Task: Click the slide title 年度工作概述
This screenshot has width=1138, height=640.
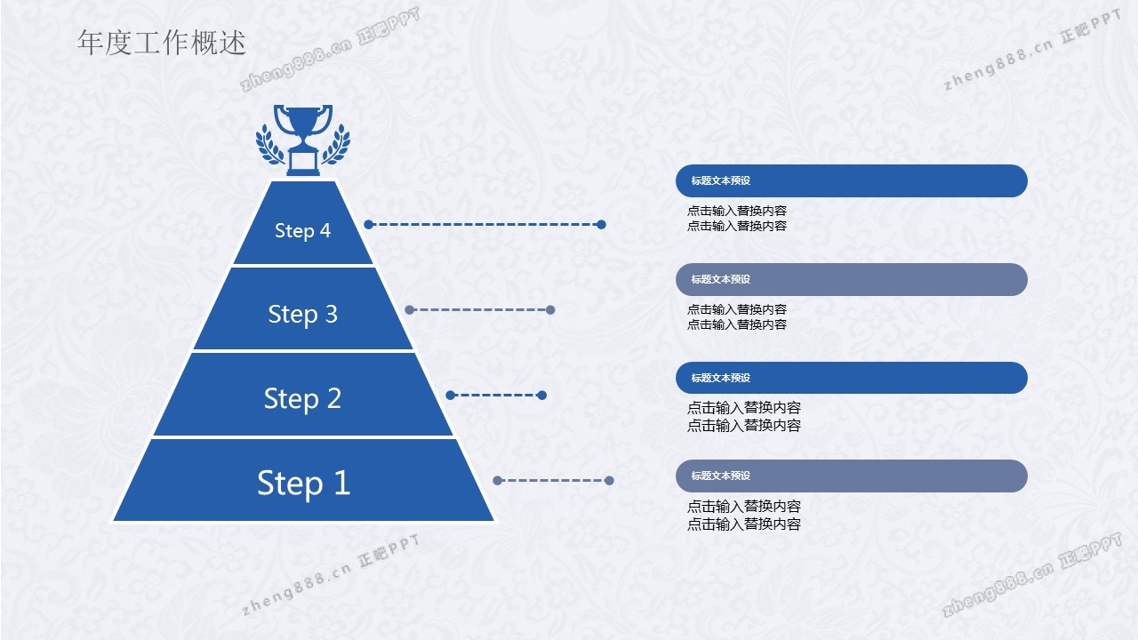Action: coord(162,43)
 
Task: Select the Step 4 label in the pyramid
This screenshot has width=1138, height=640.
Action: coord(302,230)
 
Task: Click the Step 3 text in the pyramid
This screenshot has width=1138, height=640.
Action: coord(302,314)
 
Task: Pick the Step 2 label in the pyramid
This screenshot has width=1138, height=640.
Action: coord(302,398)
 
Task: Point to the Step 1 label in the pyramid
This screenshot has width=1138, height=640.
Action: coord(303,482)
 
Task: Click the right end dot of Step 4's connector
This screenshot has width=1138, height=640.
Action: coord(601,225)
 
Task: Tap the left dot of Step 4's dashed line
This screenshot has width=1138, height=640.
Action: coord(369,225)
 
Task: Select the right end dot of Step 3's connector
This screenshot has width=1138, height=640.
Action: coord(550,310)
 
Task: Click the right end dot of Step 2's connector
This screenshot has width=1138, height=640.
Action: coord(542,396)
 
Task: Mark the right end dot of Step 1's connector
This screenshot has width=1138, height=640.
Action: coord(609,481)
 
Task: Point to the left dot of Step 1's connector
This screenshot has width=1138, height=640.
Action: coord(498,481)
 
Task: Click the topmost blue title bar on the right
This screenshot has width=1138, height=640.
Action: coord(851,180)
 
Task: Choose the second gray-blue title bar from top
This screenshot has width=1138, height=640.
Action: coord(851,279)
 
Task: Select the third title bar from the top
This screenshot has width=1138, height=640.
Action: coord(851,378)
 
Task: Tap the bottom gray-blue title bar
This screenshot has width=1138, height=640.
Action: coord(851,476)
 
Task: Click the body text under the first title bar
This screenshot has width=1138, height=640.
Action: coord(736,218)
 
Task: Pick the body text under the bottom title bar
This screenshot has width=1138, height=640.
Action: coord(743,515)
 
